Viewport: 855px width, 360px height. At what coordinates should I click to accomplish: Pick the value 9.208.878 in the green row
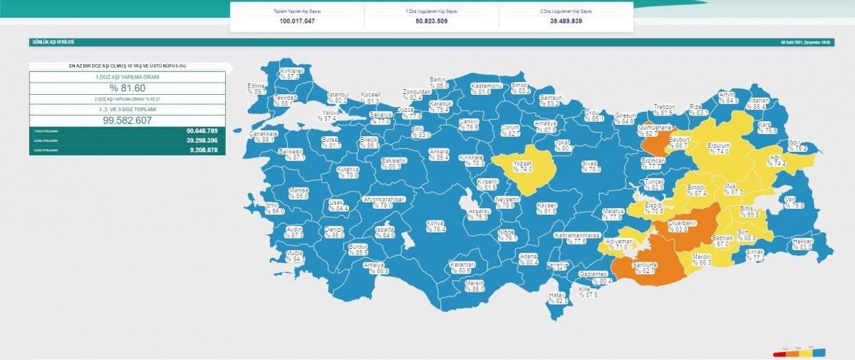(x=202, y=150)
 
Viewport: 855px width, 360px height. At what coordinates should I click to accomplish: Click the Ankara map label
(x=439, y=154)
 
